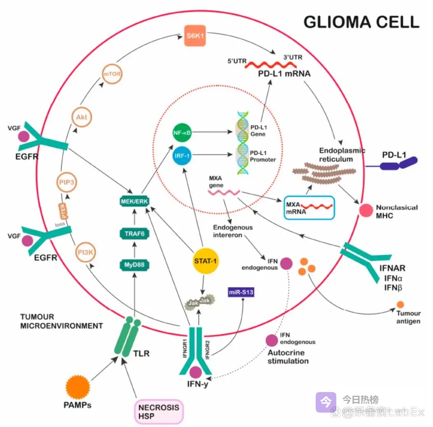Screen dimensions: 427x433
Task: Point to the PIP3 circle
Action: point(66,182)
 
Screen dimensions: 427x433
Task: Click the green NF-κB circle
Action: point(182,132)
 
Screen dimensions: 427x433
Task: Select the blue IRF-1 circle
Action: point(182,155)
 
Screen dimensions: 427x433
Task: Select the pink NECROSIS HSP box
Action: point(158,411)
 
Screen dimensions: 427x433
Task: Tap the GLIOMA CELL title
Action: point(361,22)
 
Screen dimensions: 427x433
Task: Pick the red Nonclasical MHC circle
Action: point(365,210)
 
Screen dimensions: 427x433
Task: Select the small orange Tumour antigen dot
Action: point(400,305)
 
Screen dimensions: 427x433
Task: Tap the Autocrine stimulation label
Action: point(288,357)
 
